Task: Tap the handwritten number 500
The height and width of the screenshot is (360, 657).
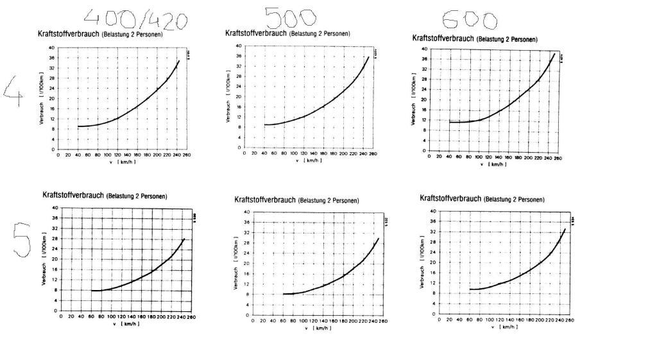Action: (x=290, y=17)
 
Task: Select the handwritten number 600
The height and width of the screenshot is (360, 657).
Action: (x=470, y=21)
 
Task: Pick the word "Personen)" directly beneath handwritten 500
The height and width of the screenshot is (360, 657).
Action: (x=336, y=33)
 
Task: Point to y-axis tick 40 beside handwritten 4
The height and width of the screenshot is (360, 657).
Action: (x=51, y=47)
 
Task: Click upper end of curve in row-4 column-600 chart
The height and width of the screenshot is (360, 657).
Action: (x=554, y=53)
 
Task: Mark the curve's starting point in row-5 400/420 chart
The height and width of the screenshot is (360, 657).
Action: (x=92, y=291)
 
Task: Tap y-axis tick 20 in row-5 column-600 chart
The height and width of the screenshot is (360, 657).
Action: (x=433, y=262)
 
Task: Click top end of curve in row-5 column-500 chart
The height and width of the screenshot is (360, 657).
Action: (x=379, y=238)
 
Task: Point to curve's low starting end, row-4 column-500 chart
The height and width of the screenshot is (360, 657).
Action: (x=265, y=124)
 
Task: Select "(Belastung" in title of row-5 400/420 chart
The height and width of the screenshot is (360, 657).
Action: (x=120, y=196)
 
